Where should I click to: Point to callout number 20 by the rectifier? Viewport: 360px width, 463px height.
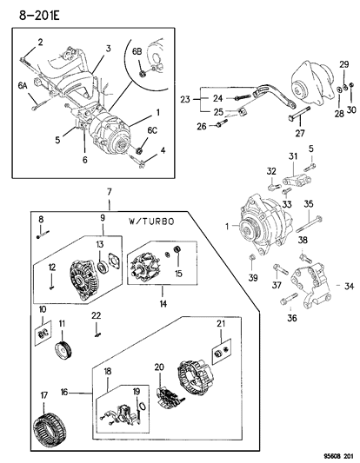pos(159,367)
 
